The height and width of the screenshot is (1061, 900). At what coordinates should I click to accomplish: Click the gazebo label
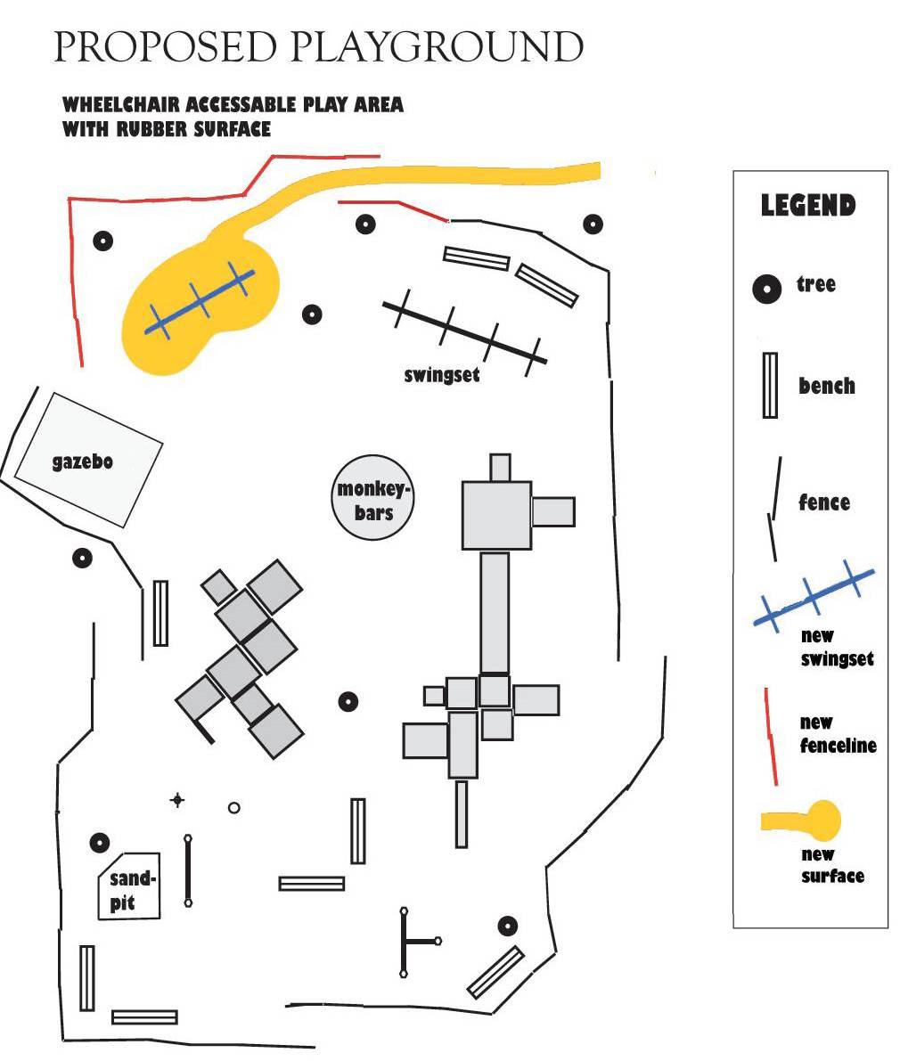tap(82, 462)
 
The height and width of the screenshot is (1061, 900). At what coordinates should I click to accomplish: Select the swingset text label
tap(442, 375)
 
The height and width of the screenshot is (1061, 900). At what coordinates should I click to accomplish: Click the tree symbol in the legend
tap(765, 289)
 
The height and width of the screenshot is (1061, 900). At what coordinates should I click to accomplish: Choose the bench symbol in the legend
tap(769, 385)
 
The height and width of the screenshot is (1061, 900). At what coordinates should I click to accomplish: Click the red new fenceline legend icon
tap(771, 736)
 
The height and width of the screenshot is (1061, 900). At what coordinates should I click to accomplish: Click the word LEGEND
tap(807, 206)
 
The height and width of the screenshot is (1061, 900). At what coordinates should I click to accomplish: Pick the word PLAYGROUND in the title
tap(438, 47)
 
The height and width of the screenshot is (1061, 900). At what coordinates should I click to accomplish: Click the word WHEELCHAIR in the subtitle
tap(118, 105)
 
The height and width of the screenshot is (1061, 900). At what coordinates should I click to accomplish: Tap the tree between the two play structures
tap(348, 701)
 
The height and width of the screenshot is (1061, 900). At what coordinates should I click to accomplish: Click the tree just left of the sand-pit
tap(100, 842)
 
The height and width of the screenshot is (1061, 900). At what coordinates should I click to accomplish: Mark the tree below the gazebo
tap(82, 559)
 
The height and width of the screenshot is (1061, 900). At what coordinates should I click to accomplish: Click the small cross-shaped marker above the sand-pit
tap(177, 800)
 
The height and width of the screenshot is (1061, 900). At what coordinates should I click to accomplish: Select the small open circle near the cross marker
tap(234, 808)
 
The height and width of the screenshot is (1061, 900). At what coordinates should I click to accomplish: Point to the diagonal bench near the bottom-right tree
tap(495, 972)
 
